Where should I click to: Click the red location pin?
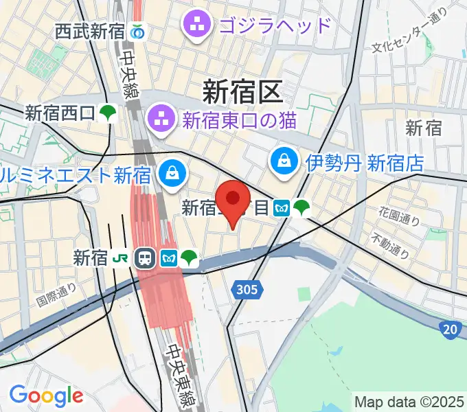click(x=233, y=200)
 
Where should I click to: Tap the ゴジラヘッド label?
click(x=275, y=26)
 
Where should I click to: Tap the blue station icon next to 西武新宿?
click(x=139, y=31)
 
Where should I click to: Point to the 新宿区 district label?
click(x=242, y=91)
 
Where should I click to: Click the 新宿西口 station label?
click(x=59, y=113)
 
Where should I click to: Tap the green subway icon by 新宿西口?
click(x=107, y=113)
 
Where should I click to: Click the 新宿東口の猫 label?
click(x=239, y=119)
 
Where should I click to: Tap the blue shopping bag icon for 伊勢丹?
click(x=284, y=163)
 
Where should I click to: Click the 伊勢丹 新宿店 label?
click(x=365, y=163)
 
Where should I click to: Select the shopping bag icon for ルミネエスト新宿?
click(x=170, y=173)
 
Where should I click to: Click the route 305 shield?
click(x=250, y=290)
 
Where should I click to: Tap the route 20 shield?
click(x=451, y=330)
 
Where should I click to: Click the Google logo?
click(x=46, y=395)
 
